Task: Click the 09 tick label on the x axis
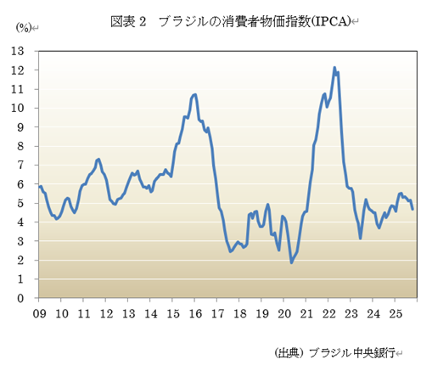coord(39,313)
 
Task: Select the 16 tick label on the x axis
coord(194,313)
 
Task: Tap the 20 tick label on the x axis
coord(284,313)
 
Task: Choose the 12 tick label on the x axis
coord(106,313)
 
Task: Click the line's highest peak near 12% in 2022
coord(334,67)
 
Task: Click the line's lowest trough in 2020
coord(292,262)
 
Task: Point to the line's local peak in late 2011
coord(98,159)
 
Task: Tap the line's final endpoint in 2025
coord(412,209)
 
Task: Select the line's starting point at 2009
coord(39,186)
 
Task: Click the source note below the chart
coord(336,351)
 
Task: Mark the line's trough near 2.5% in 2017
coord(230,251)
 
